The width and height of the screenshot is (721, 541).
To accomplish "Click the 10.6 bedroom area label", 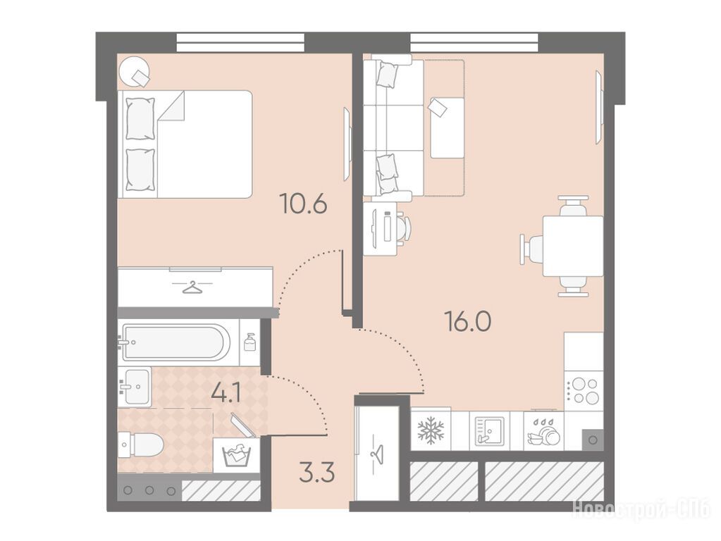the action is [304, 204].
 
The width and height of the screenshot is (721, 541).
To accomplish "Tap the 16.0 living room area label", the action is [468, 321].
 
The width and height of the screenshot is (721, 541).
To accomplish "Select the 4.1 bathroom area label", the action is [226, 394].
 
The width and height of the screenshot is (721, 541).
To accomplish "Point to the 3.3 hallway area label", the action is [316, 472].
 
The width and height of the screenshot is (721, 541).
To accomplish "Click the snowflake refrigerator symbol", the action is [431, 430].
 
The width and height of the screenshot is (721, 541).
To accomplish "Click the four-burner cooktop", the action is [584, 391].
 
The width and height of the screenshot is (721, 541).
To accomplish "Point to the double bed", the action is [185, 144].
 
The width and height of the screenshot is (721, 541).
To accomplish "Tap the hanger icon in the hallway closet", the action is [376, 454].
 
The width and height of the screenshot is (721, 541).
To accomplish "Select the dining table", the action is [573, 246].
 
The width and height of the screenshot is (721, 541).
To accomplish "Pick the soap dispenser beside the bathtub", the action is [249, 342].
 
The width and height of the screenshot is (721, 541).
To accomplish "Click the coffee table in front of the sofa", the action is [447, 128].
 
